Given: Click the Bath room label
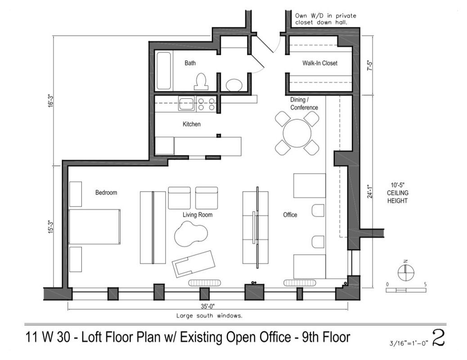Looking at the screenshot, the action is [x=190, y=63].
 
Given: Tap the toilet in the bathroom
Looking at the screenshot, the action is [x=201, y=81].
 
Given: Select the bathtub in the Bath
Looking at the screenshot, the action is [x=163, y=71].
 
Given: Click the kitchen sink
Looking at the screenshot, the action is [x=186, y=103].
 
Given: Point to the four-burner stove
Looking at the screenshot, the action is [x=206, y=103].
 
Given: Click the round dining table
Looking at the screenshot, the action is [x=297, y=133].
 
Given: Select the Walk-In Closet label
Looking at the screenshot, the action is [x=320, y=63].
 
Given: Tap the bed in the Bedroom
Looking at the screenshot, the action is [x=94, y=227].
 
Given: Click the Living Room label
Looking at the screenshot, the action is [x=198, y=215].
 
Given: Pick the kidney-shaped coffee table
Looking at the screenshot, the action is [x=191, y=234].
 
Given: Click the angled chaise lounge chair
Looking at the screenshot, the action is [x=193, y=264].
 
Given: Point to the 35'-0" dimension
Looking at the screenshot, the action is [x=207, y=306].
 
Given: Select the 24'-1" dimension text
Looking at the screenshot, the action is [x=370, y=191].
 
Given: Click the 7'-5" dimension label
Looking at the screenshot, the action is [x=370, y=65].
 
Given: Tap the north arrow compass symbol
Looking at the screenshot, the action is [x=406, y=271].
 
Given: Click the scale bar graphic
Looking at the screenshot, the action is [x=406, y=290].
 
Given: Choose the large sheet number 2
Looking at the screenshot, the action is [x=438, y=337].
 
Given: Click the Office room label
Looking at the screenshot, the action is [x=290, y=215].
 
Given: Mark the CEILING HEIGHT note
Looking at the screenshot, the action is [x=398, y=193].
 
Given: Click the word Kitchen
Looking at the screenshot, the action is [x=192, y=124].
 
